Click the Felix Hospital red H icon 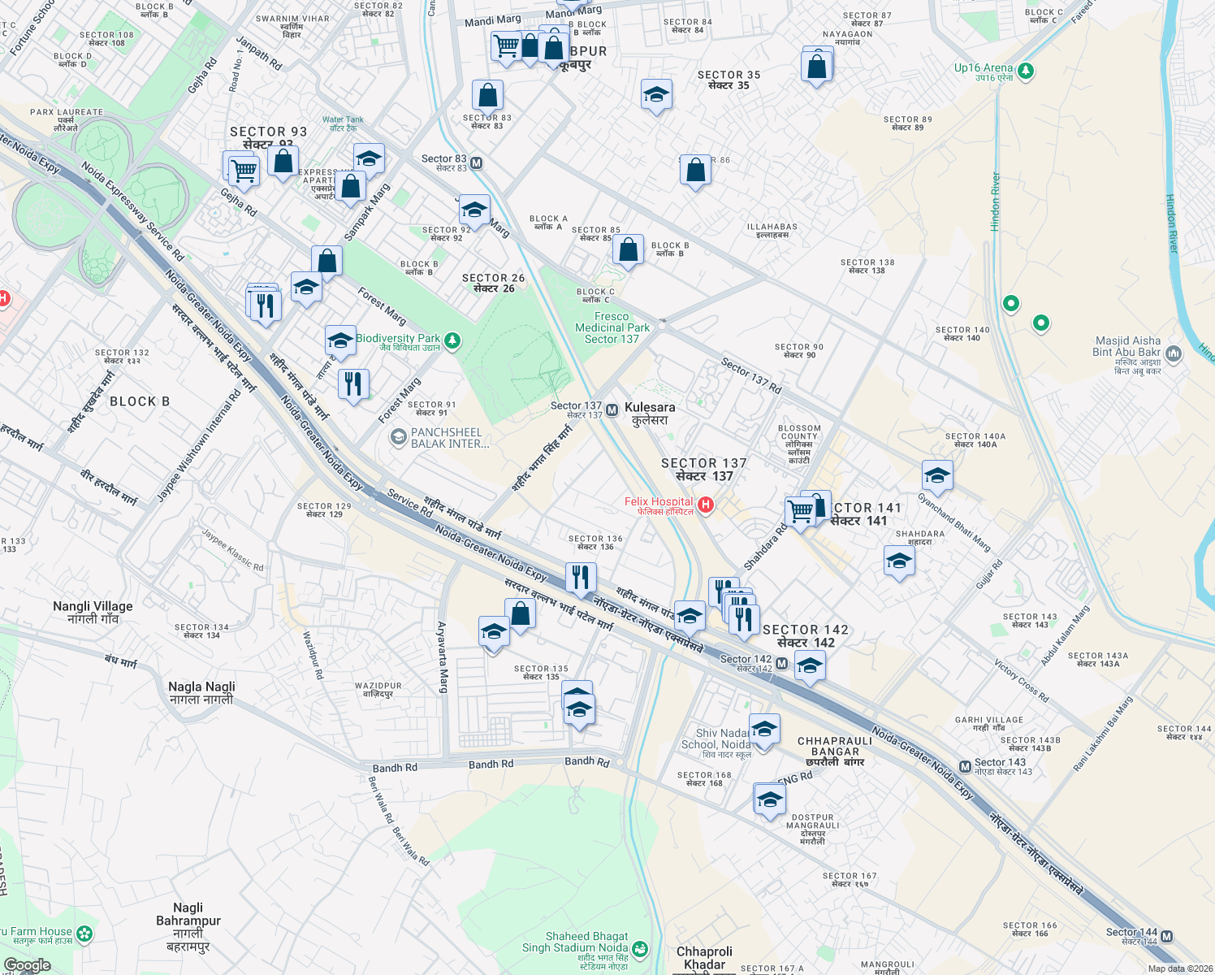point(706,505)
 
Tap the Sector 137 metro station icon point(612,410)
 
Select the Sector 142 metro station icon point(781,664)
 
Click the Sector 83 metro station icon point(477,162)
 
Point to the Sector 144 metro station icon point(1166,936)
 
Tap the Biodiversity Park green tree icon point(453,340)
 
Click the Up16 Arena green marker point(1026,71)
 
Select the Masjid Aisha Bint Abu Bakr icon point(1173,353)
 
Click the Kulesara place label point(650,413)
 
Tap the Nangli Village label point(93,612)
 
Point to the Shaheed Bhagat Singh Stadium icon point(641,948)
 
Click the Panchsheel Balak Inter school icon point(398,438)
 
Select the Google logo point(27,965)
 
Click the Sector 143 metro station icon point(965,766)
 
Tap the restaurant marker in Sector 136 point(580,577)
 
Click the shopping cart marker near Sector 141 point(800,512)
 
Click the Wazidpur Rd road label point(313,655)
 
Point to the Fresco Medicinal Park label point(612,327)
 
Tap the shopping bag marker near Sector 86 point(695,171)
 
